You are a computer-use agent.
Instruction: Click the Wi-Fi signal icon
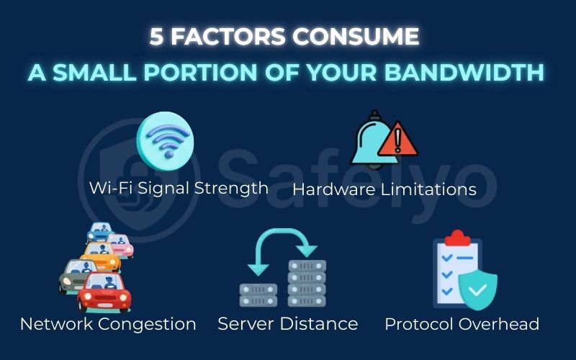point(166,136)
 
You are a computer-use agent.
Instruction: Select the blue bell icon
point(374,140)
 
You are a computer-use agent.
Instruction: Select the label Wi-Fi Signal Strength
point(179,188)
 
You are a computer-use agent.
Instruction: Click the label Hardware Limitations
point(384,189)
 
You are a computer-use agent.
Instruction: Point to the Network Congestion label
point(108,324)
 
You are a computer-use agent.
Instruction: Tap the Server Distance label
point(288,324)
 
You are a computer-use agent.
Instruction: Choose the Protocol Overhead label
point(462,324)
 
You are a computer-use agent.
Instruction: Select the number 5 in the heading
point(157,37)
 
